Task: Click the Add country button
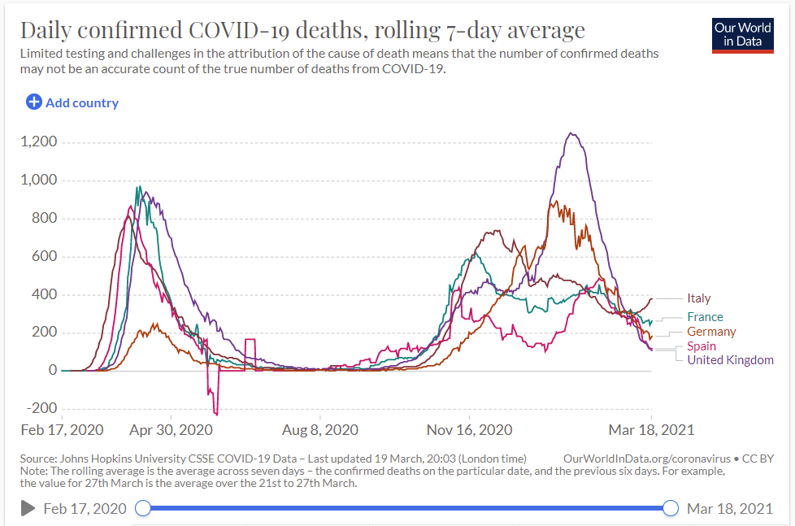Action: (x=72, y=102)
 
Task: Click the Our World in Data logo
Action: (x=742, y=35)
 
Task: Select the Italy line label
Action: (x=698, y=298)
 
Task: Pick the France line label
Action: (x=704, y=317)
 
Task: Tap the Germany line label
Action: (x=710, y=332)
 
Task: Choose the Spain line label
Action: (x=702, y=346)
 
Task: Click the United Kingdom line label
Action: (x=730, y=360)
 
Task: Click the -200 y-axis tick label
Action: (x=40, y=408)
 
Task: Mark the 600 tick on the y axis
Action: (x=44, y=257)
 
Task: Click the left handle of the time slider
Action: (x=142, y=508)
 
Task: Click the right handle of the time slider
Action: (x=671, y=508)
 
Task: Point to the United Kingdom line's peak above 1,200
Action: (x=572, y=134)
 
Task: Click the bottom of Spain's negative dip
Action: (x=216, y=414)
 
